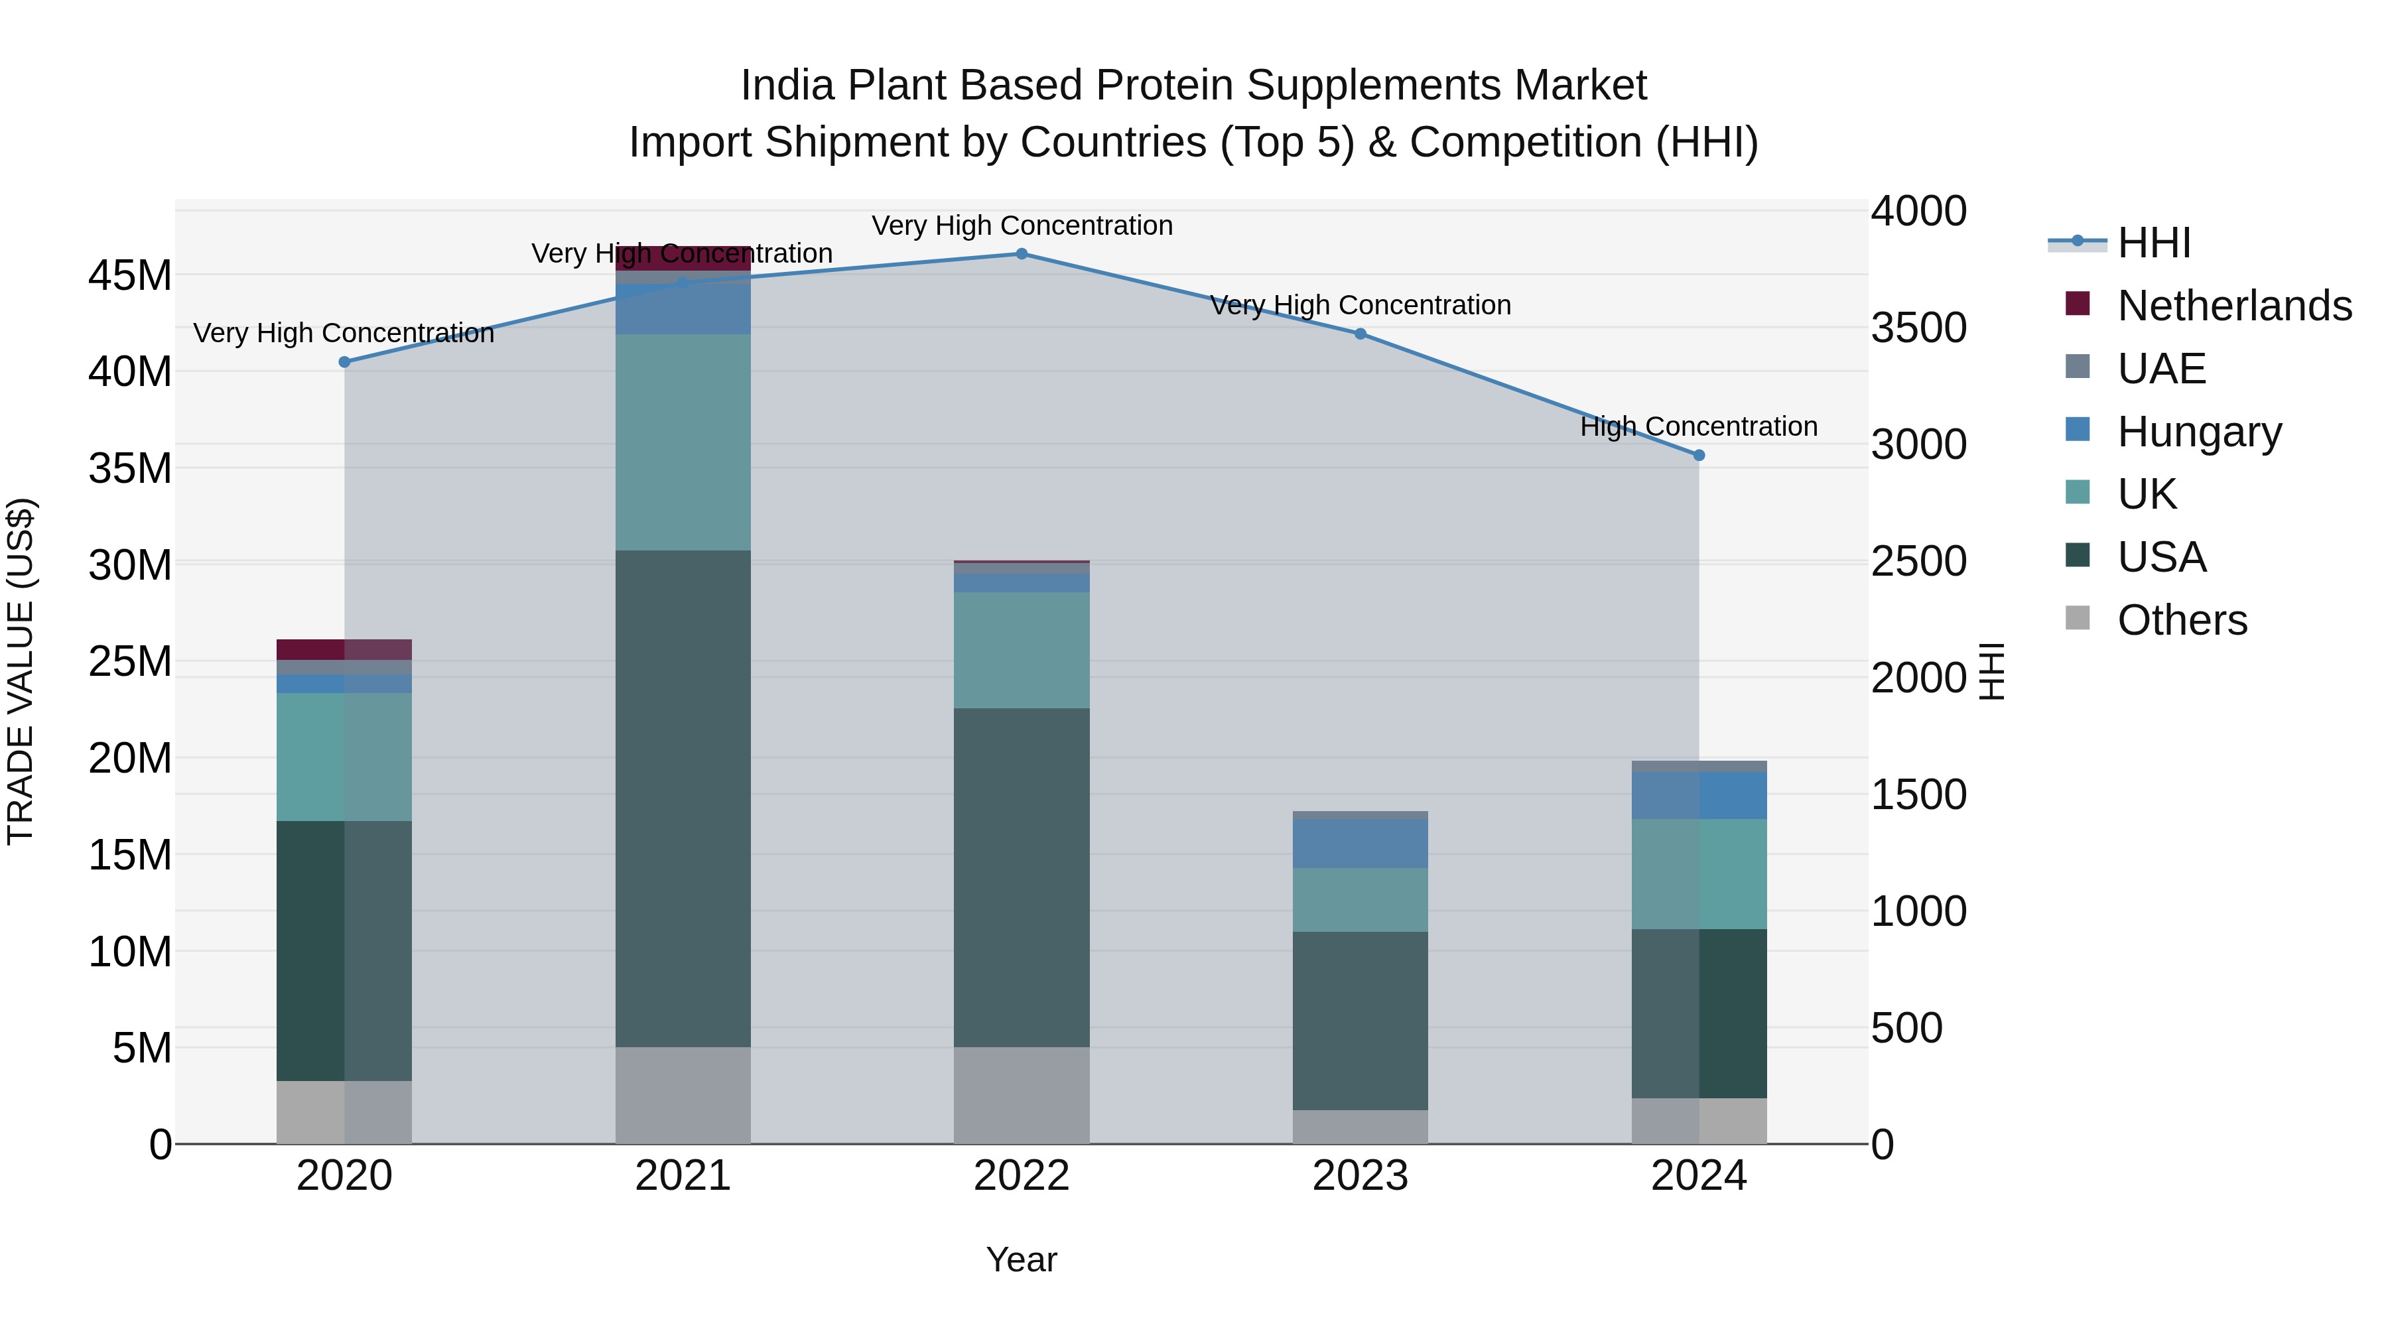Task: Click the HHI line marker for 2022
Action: tap(1022, 254)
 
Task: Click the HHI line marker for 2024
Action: tap(1699, 455)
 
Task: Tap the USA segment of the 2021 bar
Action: tap(683, 798)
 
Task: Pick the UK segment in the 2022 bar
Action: tap(1022, 650)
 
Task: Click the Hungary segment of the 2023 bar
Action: tap(1360, 844)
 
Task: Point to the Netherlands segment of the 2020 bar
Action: tap(344, 649)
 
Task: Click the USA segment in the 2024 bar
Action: tap(1699, 1013)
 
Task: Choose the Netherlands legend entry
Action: tap(2234, 306)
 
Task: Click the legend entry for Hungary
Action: tap(2199, 432)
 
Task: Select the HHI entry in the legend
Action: tap(2153, 243)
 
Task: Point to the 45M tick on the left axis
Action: tap(130, 275)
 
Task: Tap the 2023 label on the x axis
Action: tap(1360, 1176)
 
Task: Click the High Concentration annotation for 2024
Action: tap(1698, 426)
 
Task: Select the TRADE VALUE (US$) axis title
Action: tap(21, 671)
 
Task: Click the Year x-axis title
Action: tap(1022, 1259)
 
